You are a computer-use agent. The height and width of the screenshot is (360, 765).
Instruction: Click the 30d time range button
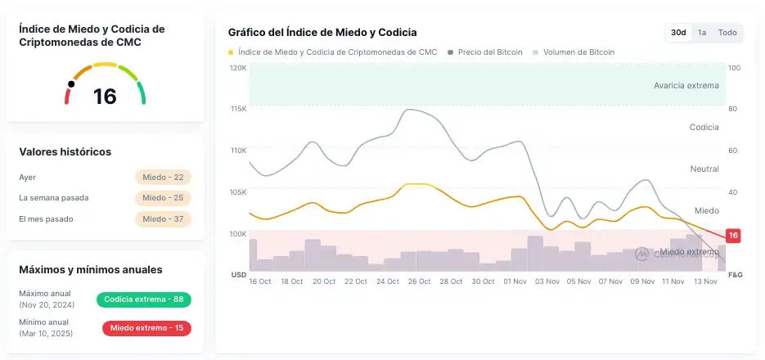pyautogui.click(x=678, y=33)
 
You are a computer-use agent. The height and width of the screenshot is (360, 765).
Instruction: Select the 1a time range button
pyautogui.click(x=702, y=33)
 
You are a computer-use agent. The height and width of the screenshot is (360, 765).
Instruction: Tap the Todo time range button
pyautogui.click(x=727, y=33)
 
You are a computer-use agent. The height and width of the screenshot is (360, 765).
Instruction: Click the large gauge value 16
pyautogui.click(x=105, y=97)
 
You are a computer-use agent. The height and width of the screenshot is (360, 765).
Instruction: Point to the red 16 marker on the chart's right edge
pyautogui.click(x=733, y=236)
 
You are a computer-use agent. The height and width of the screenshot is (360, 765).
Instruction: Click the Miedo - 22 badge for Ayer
pyautogui.click(x=164, y=177)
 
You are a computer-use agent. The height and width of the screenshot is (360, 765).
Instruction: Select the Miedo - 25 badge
pyautogui.click(x=164, y=198)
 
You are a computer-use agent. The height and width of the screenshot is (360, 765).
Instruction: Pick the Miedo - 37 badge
pyautogui.click(x=164, y=219)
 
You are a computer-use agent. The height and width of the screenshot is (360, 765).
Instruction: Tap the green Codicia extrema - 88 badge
pyautogui.click(x=143, y=299)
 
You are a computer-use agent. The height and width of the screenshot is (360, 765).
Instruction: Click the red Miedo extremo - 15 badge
pyautogui.click(x=146, y=329)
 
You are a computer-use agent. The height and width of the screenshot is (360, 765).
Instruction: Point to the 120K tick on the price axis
pyautogui.click(x=238, y=68)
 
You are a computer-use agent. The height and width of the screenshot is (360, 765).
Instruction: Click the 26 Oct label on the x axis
pyautogui.click(x=419, y=281)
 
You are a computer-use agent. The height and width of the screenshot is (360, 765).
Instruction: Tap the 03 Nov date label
pyautogui.click(x=546, y=281)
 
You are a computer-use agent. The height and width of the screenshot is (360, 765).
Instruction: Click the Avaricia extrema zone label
pyautogui.click(x=686, y=85)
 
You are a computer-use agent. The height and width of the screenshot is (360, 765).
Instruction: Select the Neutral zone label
pyautogui.click(x=704, y=169)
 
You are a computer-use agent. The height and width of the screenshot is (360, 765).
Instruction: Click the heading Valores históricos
pyautogui.click(x=65, y=152)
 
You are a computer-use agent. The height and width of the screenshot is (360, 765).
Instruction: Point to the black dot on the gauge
pyautogui.click(x=71, y=83)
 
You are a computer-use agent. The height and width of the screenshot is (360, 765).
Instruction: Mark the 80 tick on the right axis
pyautogui.click(x=733, y=109)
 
